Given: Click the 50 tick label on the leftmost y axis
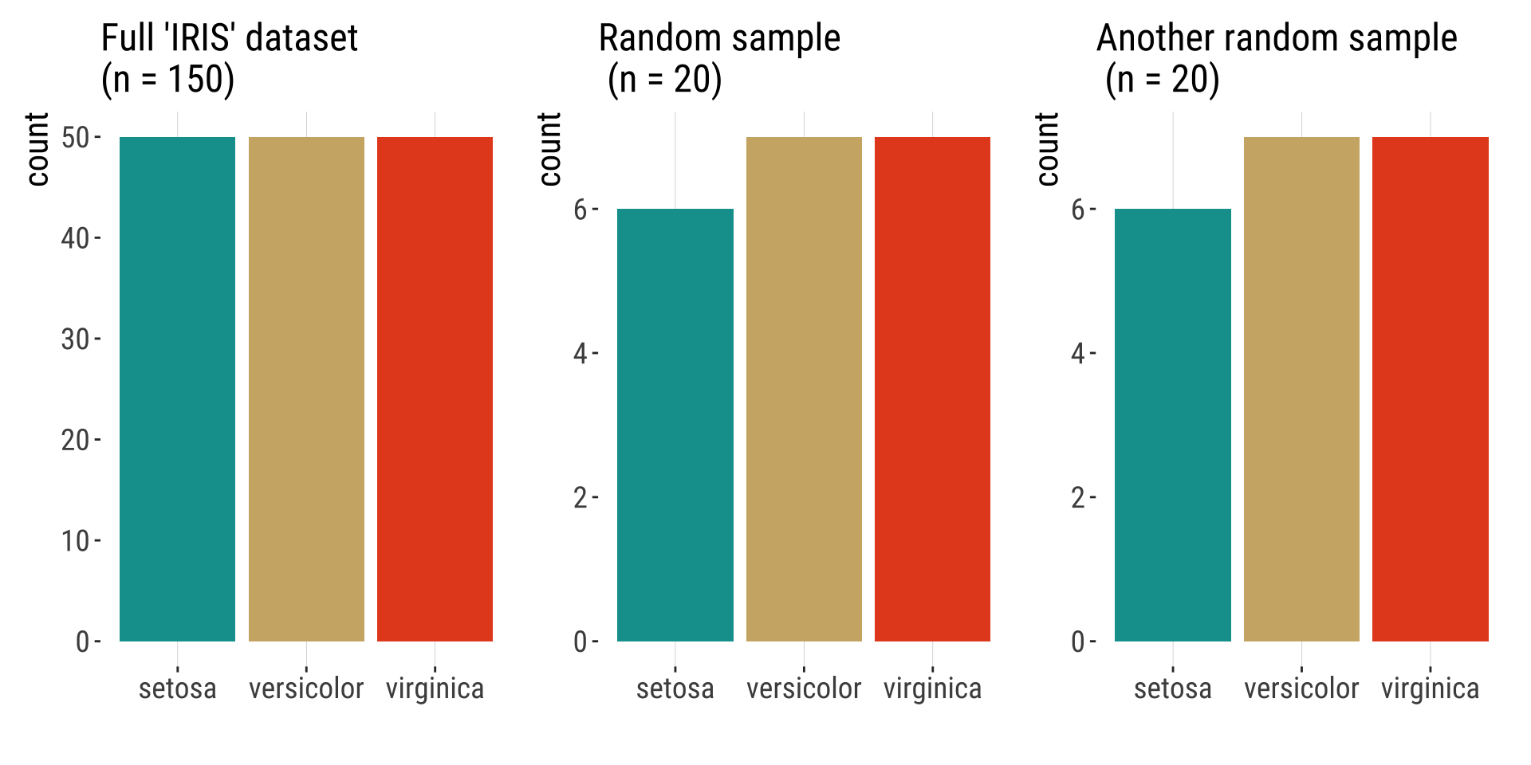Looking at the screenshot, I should [x=75, y=138].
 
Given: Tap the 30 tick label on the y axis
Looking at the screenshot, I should [x=75, y=339].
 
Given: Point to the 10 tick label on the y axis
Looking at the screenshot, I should [x=75, y=541].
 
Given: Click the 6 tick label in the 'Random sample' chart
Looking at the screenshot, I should [x=581, y=210].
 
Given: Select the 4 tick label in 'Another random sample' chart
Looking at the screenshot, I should [x=1078, y=354].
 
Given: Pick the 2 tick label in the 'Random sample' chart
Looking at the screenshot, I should [x=581, y=498].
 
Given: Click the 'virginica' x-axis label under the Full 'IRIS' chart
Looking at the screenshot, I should [x=435, y=688].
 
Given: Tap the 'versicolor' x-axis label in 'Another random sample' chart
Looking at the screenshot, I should [x=1301, y=688].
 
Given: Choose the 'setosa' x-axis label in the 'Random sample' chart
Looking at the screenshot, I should [x=675, y=688].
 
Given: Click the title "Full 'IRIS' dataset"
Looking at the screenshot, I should [x=230, y=38].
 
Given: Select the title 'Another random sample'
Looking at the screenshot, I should [x=1277, y=38].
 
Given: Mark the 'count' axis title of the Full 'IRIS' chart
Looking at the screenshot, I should [x=37, y=149].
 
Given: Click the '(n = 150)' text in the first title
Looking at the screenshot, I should [x=167, y=80].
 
